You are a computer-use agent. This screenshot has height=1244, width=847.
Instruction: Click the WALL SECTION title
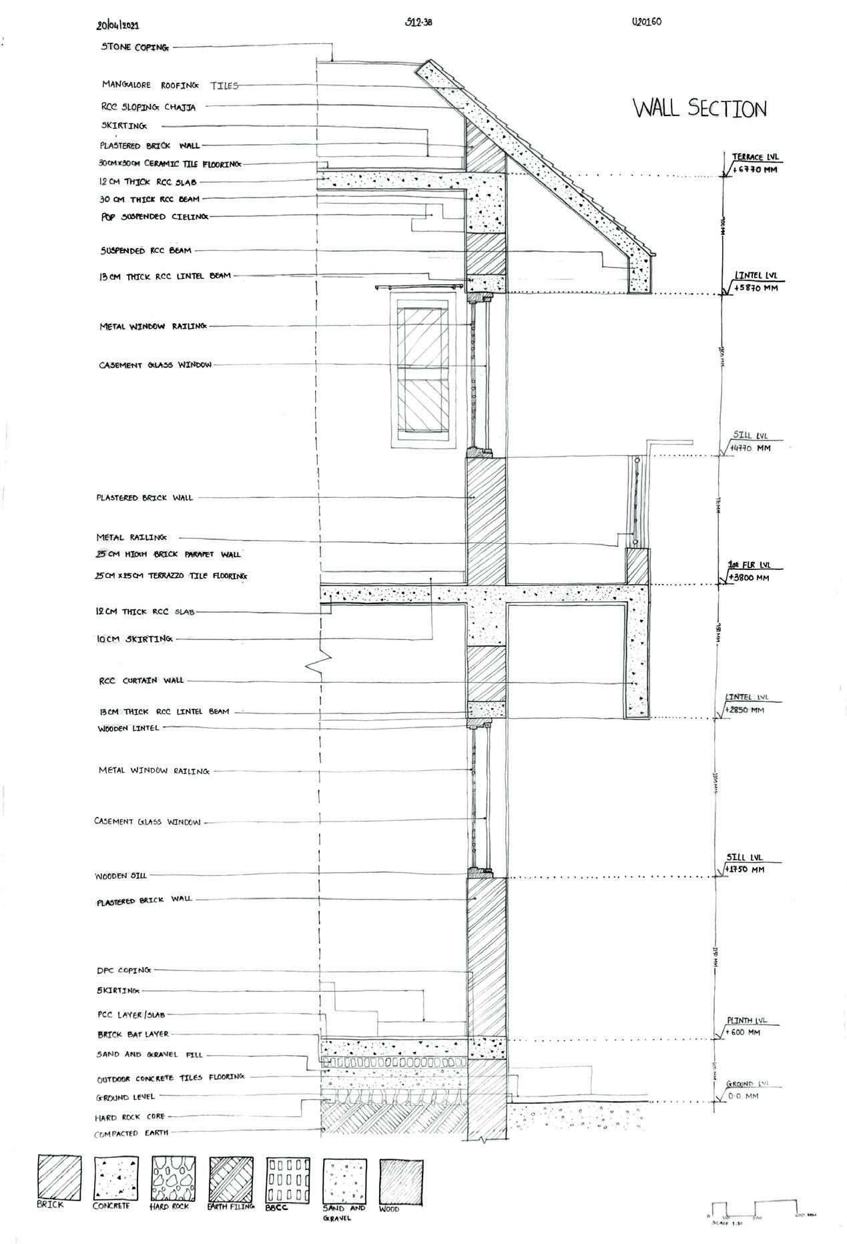point(699,108)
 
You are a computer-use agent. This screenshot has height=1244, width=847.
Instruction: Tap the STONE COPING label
point(135,47)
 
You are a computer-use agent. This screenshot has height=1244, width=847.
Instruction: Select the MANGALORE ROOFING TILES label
point(170,85)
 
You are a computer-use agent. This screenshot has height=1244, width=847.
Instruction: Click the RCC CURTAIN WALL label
point(140,681)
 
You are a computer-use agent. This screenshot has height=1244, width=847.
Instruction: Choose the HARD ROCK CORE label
point(130,1117)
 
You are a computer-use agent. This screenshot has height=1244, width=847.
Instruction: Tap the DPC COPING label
point(124,970)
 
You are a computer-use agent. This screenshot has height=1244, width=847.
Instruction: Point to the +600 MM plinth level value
point(744,1032)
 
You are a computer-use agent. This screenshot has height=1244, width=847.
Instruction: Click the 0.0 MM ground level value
point(742,1096)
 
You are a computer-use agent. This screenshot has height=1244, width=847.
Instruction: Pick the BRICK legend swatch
point(59,1177)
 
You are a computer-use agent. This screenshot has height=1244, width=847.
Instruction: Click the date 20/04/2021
point(118,26)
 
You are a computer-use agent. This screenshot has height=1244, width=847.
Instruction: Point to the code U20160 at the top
point(645,22)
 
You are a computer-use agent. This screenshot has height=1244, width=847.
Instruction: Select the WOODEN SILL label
point(121,876)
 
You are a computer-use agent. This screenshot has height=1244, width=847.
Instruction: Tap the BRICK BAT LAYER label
point(133,1034)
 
